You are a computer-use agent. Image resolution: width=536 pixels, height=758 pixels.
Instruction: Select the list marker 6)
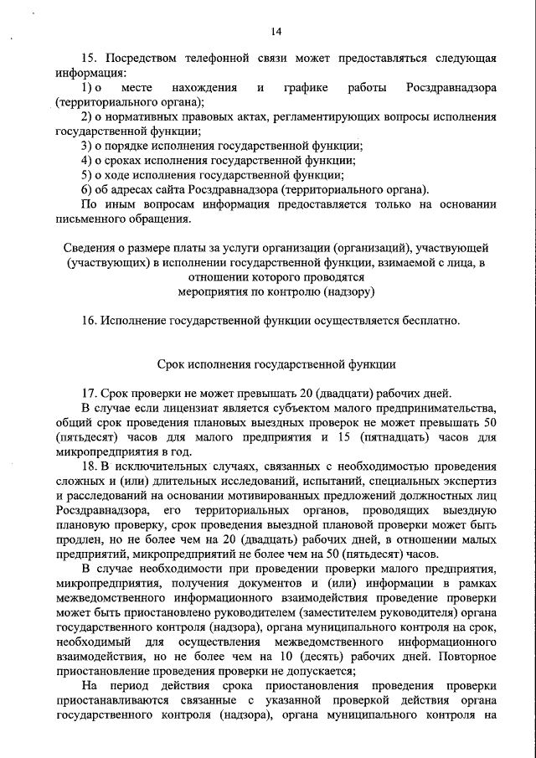[x=87, y=188]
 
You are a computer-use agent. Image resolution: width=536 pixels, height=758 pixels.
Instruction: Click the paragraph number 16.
[x=89, y=321]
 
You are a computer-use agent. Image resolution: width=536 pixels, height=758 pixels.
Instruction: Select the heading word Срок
[x=171, y=364]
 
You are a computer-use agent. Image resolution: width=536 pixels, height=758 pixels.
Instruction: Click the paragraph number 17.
[x=89, y=394]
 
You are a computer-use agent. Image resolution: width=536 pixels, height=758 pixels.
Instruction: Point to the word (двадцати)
[x=314, y=394]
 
